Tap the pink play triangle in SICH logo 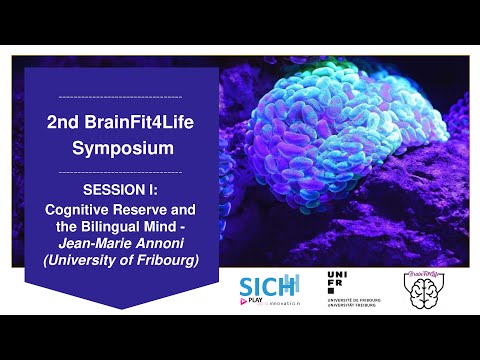[246, 297]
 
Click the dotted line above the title [120, 98]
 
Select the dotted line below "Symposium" [120, 171]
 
